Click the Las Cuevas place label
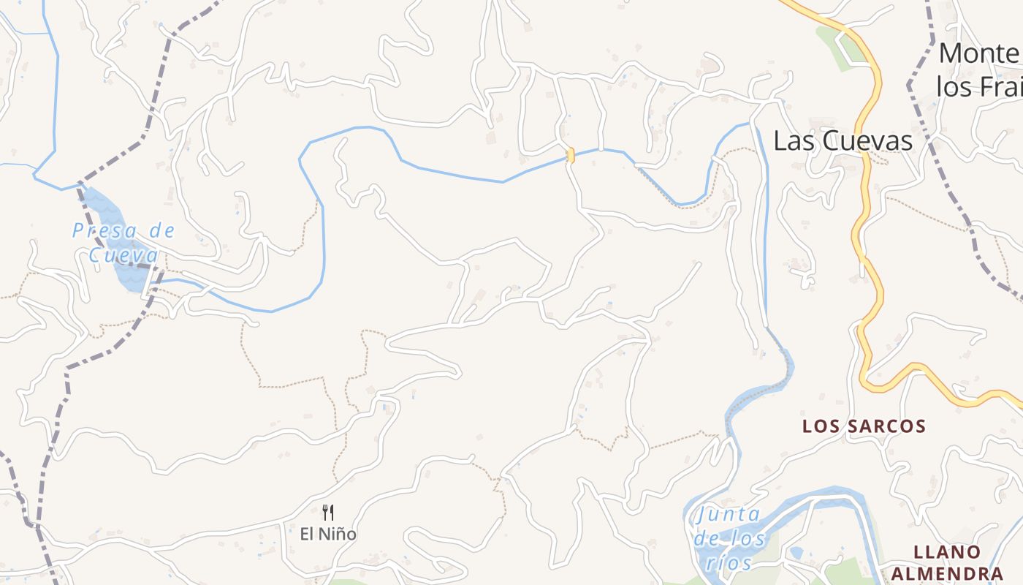click(x=843, y=140)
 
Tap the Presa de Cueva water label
click(x=123, y=243)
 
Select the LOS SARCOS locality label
click(x=864, y=426)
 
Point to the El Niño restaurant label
click(x=328, y=534)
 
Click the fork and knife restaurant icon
click(x=328, y=512)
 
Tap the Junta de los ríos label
click(x=729, y=538)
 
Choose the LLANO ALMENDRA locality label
click(x=957, y=562)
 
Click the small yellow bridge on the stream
click(x=571, y=155)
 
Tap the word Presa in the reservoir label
click(x=95, y=231)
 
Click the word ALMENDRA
click(x=957, y=573)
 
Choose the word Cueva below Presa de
click(x=123, y=255)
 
